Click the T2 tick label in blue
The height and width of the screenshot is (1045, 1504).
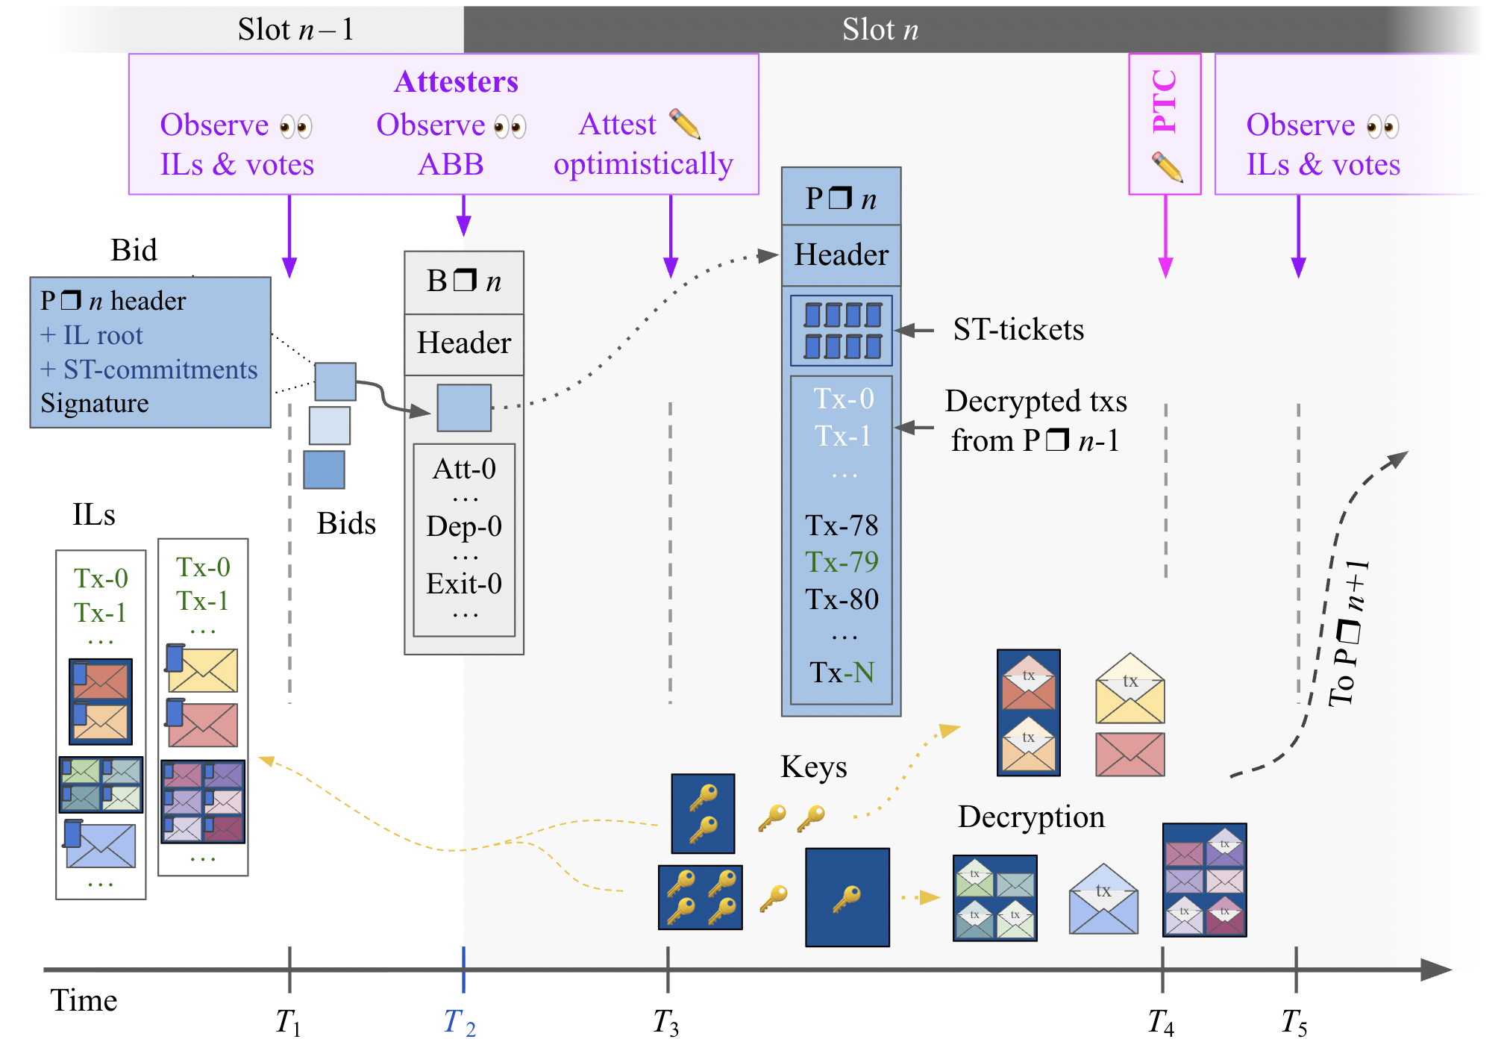(x=459, y=1022)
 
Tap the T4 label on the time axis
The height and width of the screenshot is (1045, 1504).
(x=1161, y=1022)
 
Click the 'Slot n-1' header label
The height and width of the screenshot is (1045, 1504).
(x=295, y=30)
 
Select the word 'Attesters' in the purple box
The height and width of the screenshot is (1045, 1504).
(x=456, y=81)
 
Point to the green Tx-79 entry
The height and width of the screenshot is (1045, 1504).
(x=842, y=562)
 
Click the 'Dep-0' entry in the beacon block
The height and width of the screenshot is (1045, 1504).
(x=464, y=526)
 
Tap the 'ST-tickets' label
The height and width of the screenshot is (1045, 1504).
(x=1018, y=329)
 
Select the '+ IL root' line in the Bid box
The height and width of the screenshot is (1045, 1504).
(x=92, y=335)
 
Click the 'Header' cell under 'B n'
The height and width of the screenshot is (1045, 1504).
(x=464, y=343)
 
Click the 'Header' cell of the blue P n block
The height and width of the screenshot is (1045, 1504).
(x=841, y=255)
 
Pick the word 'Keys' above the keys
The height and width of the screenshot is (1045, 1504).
(x=813, y=767)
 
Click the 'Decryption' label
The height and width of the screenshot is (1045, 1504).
(x=1031, y=817)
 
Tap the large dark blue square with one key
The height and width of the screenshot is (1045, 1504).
(x=847, y=897)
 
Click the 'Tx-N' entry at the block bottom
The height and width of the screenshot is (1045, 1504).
(x=842, y=673)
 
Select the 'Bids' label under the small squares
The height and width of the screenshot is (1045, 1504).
(x=346, y=523)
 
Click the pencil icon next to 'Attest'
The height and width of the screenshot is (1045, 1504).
(x=685, y=124)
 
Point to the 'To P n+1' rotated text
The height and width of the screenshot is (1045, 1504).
(x=1349, y=633)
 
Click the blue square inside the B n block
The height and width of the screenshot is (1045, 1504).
(x=464, y=408)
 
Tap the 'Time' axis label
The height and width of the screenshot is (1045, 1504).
(x=84, y=1000)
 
